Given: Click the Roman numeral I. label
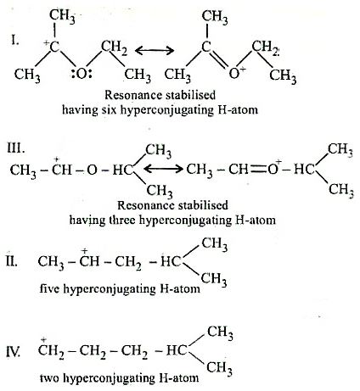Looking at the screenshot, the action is point(15,41).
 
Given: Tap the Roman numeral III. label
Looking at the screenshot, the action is point(16,148).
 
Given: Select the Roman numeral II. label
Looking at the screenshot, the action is point(12,261).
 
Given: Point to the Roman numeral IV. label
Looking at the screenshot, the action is point(13,351).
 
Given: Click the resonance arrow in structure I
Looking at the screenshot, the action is point(155,51).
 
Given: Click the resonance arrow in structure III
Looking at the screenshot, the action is point(164,170).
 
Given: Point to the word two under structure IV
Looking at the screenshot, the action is point(49,377).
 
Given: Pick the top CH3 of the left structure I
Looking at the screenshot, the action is point(62,16).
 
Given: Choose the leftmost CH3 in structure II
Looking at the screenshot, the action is point(51,262).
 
